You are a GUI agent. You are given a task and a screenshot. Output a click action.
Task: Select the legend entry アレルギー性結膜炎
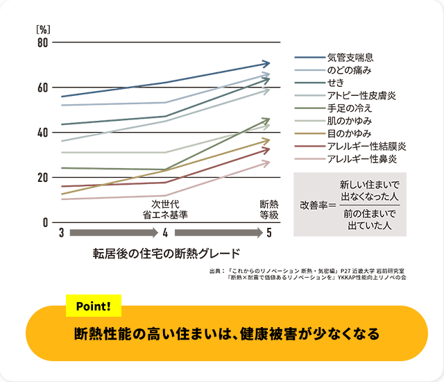366,147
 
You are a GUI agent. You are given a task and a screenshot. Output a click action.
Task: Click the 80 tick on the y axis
42,43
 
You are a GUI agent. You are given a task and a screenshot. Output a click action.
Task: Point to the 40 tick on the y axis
42,133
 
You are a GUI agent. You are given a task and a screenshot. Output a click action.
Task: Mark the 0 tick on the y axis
45,222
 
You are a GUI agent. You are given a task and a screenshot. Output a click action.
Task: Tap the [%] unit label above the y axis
42,30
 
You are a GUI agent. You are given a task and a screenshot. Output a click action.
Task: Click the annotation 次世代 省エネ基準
165,210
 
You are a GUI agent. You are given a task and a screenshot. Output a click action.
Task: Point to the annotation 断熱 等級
269,210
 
